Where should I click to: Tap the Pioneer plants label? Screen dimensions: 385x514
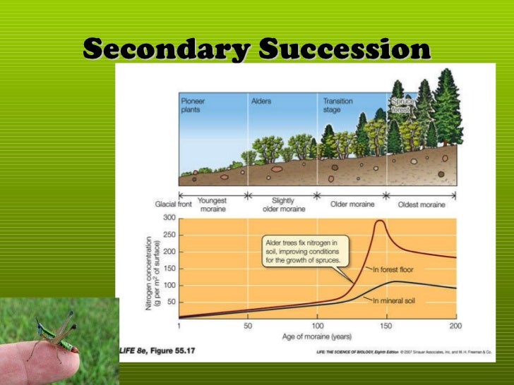(x=193, y=105)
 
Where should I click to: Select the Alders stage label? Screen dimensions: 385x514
(x=261, y=101)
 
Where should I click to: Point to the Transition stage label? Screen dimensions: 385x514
(x=338, y=105)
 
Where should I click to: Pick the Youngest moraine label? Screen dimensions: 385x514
(x=212, y=204)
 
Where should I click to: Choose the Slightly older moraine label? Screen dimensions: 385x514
(x=282, y=204)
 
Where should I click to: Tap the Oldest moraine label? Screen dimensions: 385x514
(x=422, y=204)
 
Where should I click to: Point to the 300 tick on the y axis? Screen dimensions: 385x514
(x=169, y=218)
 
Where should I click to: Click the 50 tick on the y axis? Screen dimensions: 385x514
(x=172, y=302)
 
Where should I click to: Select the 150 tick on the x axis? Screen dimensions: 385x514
(x=386, y=326)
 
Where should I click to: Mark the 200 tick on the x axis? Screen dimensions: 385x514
(x=455, y=326)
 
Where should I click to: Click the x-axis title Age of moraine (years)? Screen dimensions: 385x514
(x=317, y=336)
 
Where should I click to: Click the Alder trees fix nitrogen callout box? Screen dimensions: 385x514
(x=303, y=252)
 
